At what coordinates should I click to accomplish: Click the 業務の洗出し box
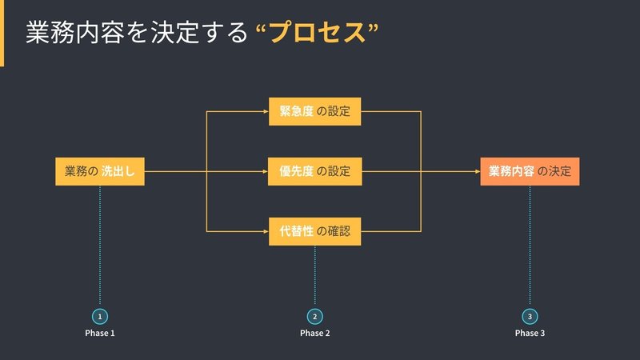click(100, 171)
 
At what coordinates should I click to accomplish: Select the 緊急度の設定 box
click(314, 111)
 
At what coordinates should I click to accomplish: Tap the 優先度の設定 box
click(314, 171)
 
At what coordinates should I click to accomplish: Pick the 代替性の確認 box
click(314, 231)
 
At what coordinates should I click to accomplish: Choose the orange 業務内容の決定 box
click(530, 171)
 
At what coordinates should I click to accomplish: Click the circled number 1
click(100, 316)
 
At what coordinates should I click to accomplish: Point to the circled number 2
click(314, 316)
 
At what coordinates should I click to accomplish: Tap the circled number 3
click(530, 316)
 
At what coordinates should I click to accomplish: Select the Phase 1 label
click(100, 333)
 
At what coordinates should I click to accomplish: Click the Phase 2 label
click(314, 333)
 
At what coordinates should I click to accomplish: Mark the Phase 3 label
click(530, 333)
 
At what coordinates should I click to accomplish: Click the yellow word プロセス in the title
click(317, 32)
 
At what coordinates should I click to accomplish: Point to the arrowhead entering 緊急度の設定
click(266, 111)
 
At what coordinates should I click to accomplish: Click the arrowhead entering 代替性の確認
click(266, 231)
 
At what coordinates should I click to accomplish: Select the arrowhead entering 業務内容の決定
click(478, 171)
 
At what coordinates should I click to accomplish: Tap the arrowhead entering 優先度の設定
click(266, 171)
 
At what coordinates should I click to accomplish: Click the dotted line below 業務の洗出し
click(100, 245)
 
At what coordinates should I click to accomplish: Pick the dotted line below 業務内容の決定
click(530, 245)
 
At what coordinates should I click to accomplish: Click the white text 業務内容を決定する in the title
click(137, 32)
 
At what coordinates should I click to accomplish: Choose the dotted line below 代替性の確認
click(314, 274)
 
